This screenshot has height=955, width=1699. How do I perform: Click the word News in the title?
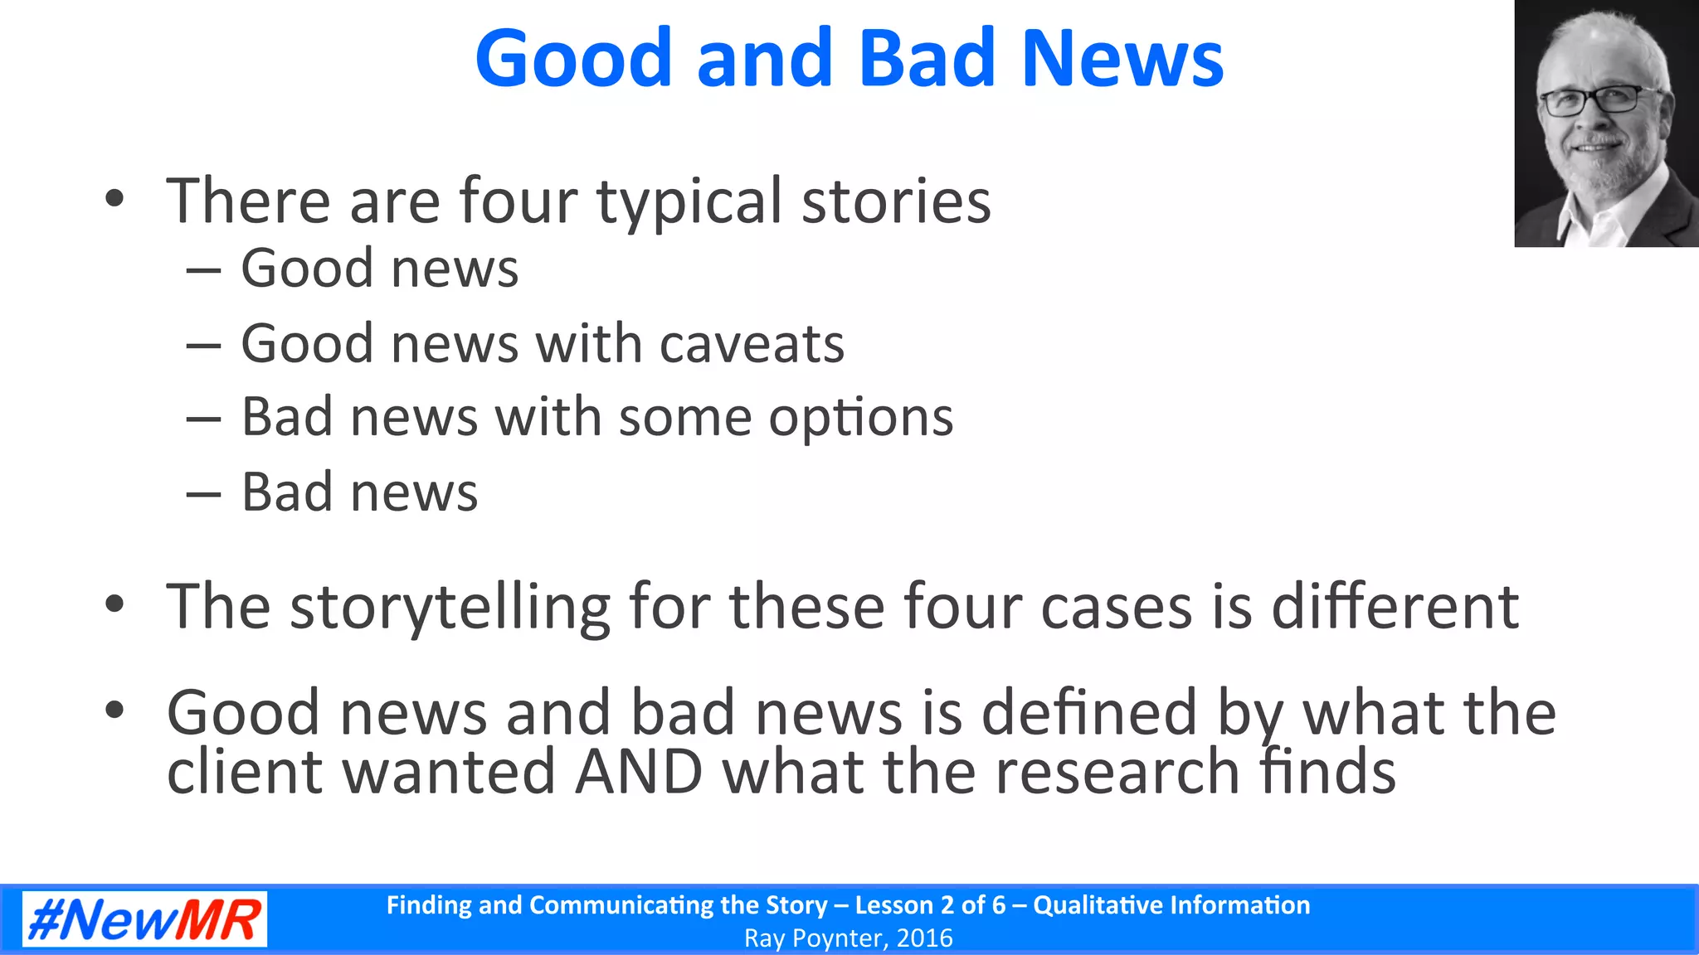pyautogui.click(x=1122, y=58)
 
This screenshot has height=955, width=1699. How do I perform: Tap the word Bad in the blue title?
pyautogui.click(x=926, y=58)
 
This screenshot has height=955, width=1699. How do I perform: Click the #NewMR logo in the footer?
pyautogui.click(x=144, y=919)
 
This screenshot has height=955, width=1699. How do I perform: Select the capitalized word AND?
pyautogui.click(x=639, y=772)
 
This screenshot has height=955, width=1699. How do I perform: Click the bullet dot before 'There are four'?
pyautogui.click(x=114, y=199)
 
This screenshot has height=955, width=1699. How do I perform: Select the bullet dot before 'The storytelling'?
pyautogui.click(x=114, y=604)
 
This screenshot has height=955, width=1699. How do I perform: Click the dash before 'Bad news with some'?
pyautogui.click(x=203, y=419)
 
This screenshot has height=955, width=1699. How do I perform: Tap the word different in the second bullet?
pyautogui.click(x=1395, y=606)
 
